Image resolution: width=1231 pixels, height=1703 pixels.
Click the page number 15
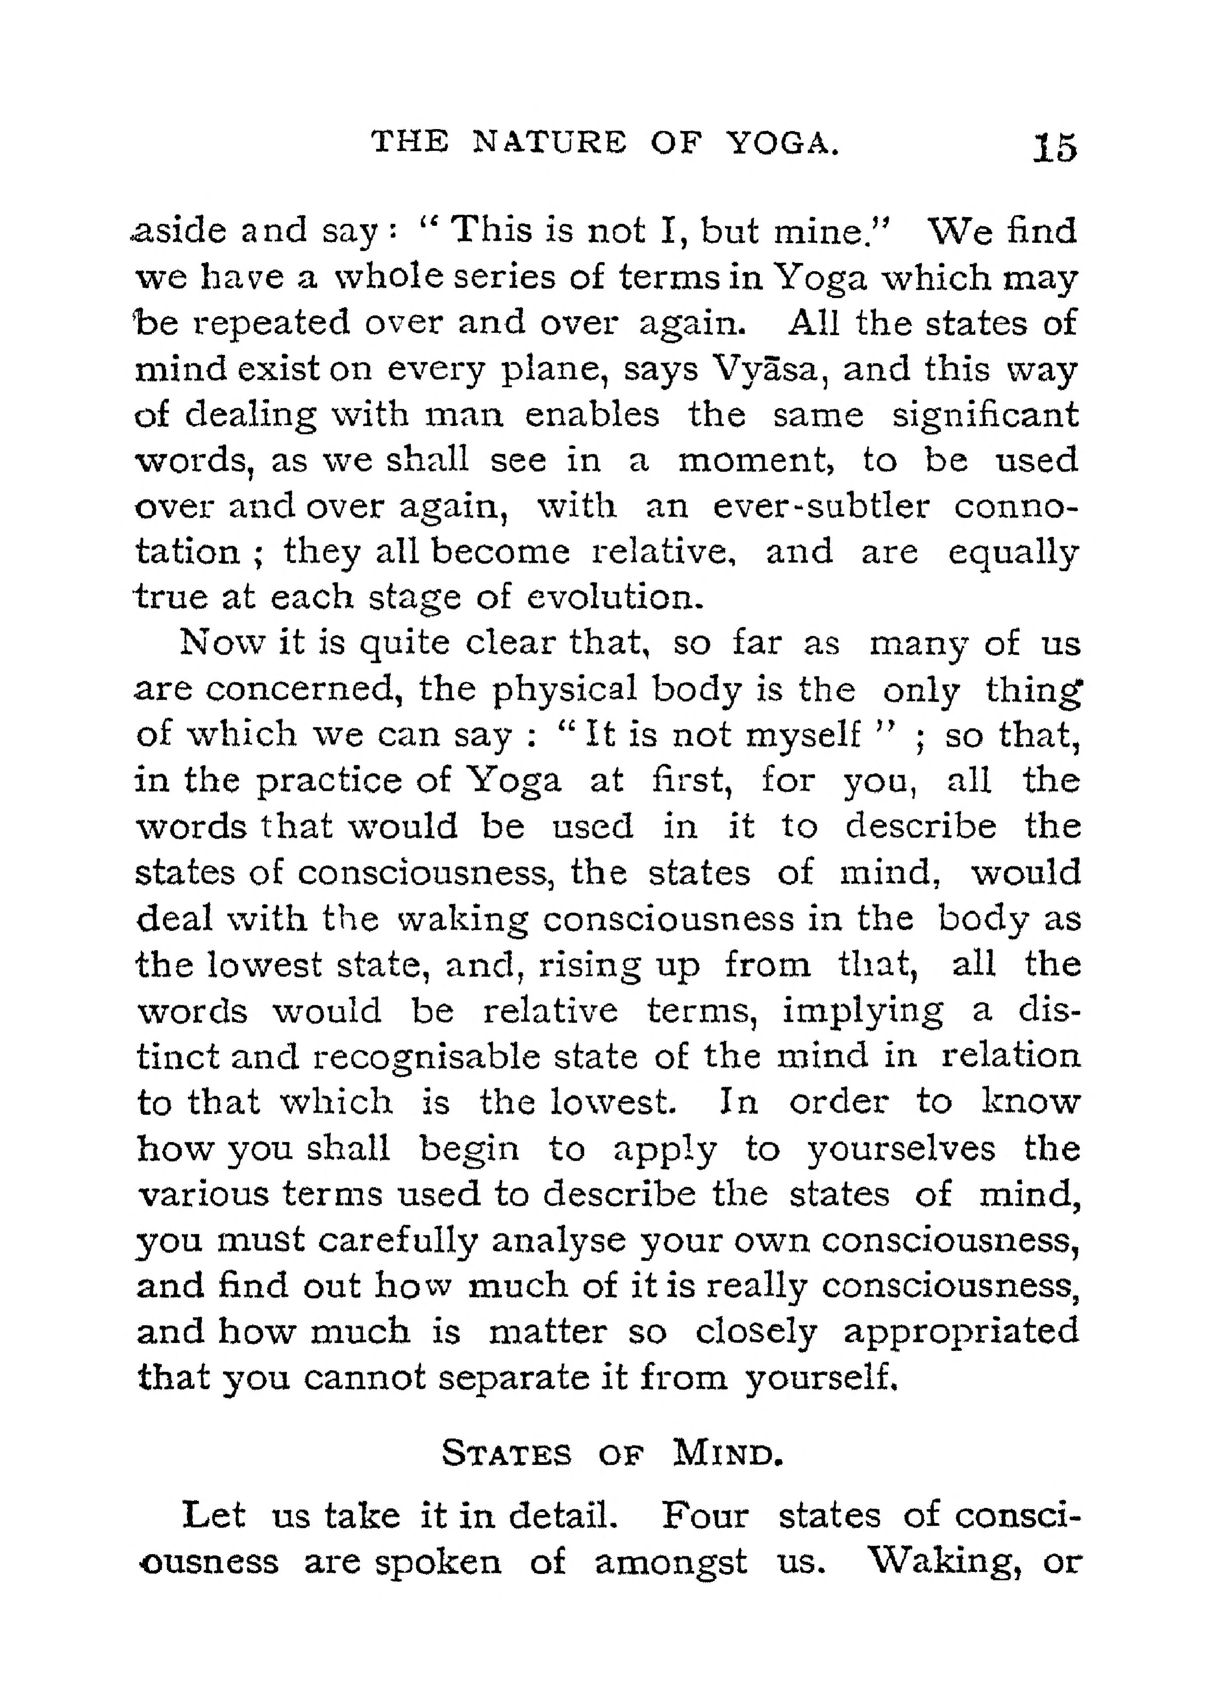(1055, 147)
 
